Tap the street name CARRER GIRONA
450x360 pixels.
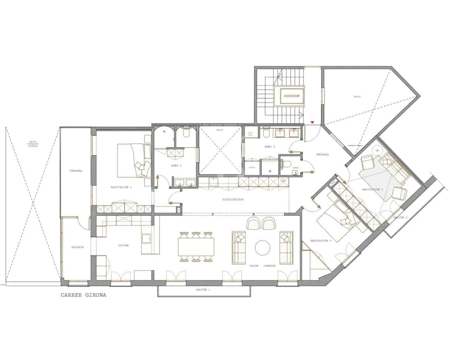[x=83, y=295]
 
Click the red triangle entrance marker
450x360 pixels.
[x=312, y=122]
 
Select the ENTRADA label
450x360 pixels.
[x=322, y=154]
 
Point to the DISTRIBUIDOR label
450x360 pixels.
[x=233, y=199]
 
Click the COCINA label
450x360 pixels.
[x=123, y=245]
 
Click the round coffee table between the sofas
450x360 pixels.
[x=262, y=247]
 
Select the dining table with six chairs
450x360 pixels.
[x=196, y=247]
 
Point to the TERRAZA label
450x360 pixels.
[x=76, y=171]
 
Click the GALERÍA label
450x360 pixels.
[x=77, y=247]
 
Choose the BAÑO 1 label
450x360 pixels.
[x=176, y=165]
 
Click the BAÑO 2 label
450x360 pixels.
[x=269, y=147]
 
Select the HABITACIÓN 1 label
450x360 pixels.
[x=121, y=187]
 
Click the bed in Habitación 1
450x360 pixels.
[x=132, y=160]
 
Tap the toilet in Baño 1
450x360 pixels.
[x=186, y=134]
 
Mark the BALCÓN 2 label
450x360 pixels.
[x=400, y=218]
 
